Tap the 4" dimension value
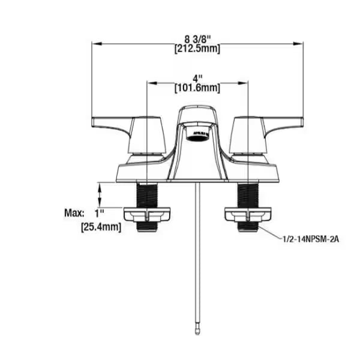pyautogui.click(x=197, y=78)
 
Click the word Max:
pyautogui.click(x=74, y=212)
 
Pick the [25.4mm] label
pyautogui.click(x=101, y=226)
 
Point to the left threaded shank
pyautogui.click(x=146, y=194)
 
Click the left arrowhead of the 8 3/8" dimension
pyautogui.click(x=94, y=43)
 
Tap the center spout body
pyautogui.click(x=197, y=153)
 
